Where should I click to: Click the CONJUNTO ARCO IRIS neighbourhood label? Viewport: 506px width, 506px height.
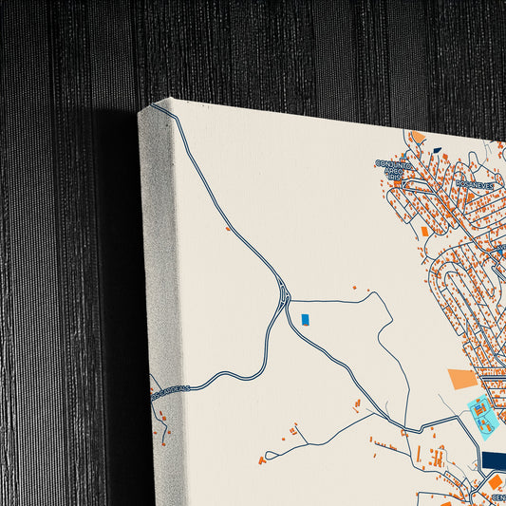[396, 170]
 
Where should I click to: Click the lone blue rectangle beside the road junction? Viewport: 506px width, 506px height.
[305, 320]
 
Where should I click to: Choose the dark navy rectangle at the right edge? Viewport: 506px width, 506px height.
[495, 460]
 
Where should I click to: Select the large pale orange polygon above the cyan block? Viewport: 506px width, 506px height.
[462, 380]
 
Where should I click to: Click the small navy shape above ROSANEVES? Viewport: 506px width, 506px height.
[436, 150]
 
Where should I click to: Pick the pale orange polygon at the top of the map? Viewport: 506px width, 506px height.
[418, 138]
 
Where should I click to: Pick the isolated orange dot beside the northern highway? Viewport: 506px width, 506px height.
[228, 228]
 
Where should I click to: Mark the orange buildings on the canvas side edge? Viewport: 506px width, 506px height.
[162, 418]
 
